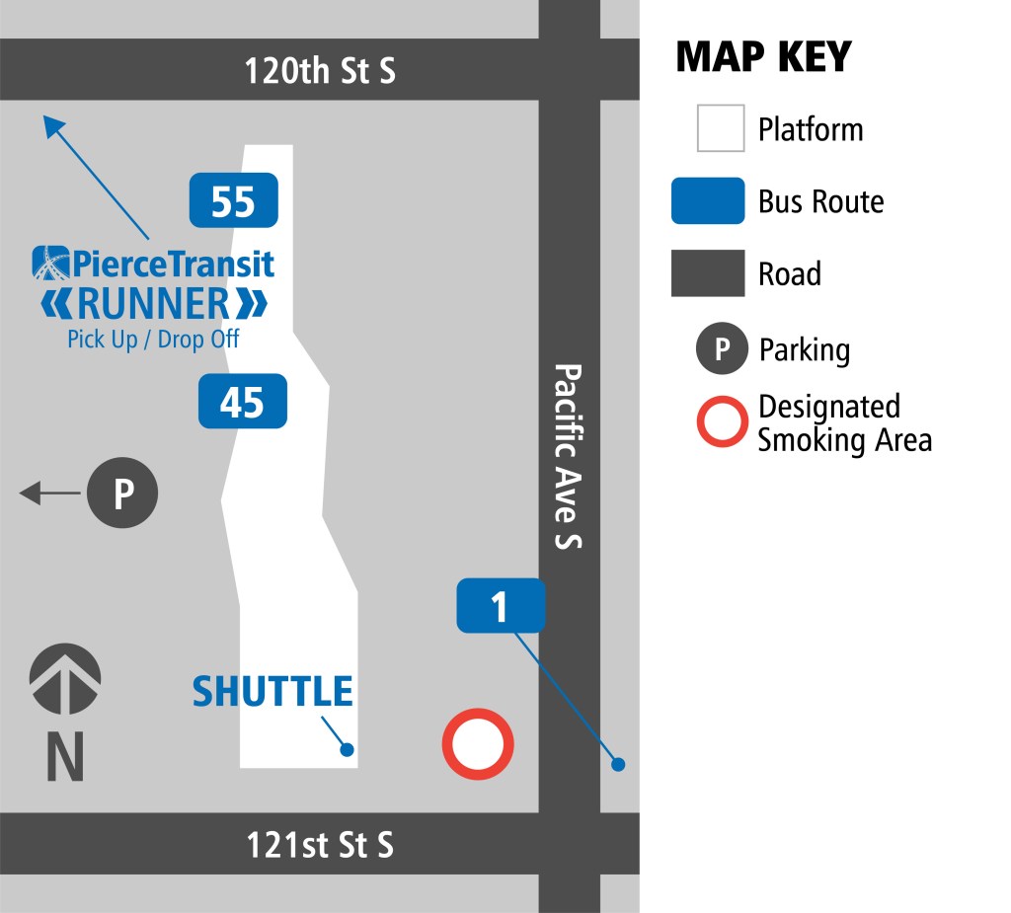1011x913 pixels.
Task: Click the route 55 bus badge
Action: [x=234, y=200]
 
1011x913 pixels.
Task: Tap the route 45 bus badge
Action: [x=243, y=401]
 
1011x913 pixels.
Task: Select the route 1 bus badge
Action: [x=500, y=605]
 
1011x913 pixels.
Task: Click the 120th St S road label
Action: [x=320, y=70]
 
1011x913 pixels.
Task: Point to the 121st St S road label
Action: [x=319, y=845]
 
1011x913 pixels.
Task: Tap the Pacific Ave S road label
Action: [x=569, y=456]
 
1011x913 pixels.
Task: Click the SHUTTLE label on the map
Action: [x=272, y=692]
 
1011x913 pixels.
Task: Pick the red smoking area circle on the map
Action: [x=478, y=743]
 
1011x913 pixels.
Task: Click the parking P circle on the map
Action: [x=122, y=493]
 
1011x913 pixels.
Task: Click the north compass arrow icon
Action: [x=65, y=679]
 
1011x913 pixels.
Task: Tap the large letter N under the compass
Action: [x=65, y=758]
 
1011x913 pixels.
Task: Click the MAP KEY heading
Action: [x=762, y=57]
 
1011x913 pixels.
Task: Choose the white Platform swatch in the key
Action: [x=721, y=129]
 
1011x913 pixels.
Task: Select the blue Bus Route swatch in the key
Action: [x=708, y=201]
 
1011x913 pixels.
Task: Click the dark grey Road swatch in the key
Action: [x=708, y=273]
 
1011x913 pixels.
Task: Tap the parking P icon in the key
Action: [x=723, y=349]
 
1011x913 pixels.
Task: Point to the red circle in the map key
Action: [x=723, y=422]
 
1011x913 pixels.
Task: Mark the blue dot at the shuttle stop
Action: [x=347, y=749]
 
